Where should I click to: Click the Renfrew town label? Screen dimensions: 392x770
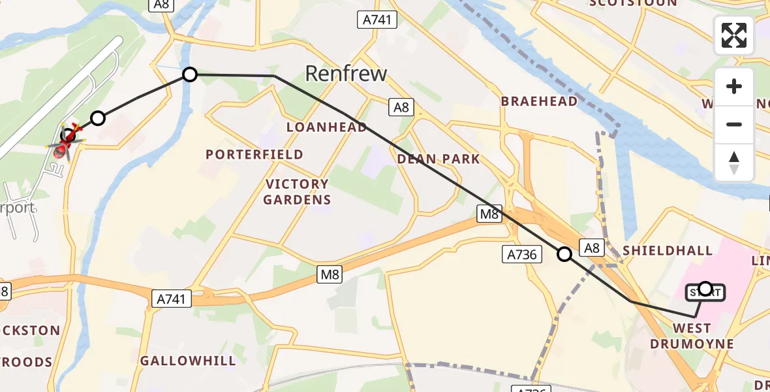click(x=346, y=73)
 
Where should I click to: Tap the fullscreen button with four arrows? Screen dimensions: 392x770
click(x=734, y=35)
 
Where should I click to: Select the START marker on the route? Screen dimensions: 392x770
click(x=705, y=291)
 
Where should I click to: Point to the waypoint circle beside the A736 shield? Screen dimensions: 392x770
click(x=564, y=254)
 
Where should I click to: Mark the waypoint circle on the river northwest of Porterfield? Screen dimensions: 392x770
click(x=189, y=74)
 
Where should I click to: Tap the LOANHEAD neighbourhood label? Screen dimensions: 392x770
click(x=326, y=127)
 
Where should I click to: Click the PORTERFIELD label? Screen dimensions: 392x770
click(x=254, y=154)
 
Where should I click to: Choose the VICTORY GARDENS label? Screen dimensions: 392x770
click(x=297, y=192)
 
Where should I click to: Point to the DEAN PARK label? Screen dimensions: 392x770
click(x=439, y=159)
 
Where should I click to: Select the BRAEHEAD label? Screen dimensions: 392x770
click(x=539, y=101)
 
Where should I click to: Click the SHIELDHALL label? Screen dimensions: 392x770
click(x=668, y=251)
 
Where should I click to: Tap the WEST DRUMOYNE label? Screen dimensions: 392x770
click(x=692, y=336)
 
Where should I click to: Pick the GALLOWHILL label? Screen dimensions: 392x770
click(x=188, y=361)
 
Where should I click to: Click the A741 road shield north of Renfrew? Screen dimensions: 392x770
click(x=377, y=20)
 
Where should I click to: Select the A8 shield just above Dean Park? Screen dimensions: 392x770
click(x=401, y=107)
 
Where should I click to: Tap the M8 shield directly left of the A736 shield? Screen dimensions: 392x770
click(x=489, y=214)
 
